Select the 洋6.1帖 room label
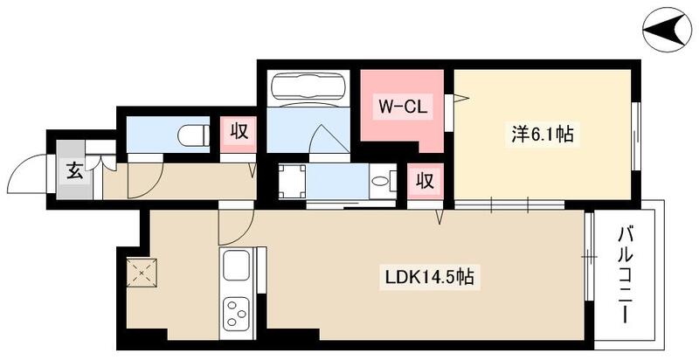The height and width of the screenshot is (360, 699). point(542,135)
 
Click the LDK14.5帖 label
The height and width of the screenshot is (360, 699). point(430,278)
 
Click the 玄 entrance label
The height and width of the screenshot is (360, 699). point(74,169)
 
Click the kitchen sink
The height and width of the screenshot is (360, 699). point(238,267)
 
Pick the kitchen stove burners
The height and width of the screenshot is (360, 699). point(238,313)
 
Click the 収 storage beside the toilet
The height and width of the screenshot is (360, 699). point(239,133)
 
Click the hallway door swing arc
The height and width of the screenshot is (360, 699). point(140,181)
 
